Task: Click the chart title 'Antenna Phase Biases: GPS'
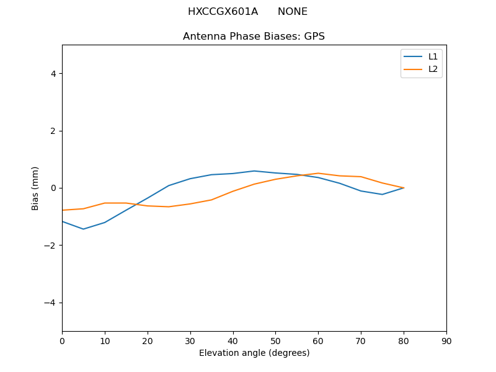pyautogui.click(x=254, y=37)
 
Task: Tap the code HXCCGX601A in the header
pyautogui.click(x=223, y=12)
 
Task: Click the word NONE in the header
pyautogui.click(x=293, y=12)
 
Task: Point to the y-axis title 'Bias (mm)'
pyautogui.click(x=35, y=188)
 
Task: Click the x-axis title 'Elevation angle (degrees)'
pyautogui.click(x=254, y=353)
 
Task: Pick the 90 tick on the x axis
pyautogui.click(x=446, y=340)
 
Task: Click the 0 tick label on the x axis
pyautogui.click(x=62, y=340)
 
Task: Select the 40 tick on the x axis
pyautogui.click(x=233, y=340)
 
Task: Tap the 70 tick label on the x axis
pyautogui.click(x=361, y=340)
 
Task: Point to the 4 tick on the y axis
pyautogui.click(x=53, y=73)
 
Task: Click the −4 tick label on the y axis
pyautogui.click(x=50, y=303)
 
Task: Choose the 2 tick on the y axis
pyautogui.click(x=53, y=131)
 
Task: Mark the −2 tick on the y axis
pyautogui.click(x=50, y=246)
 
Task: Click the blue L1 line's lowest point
pyautogui.click(x=83, y=229)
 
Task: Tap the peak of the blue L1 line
pyautogui.click(x=254, y=170)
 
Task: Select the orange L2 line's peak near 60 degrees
pyautogui.click(x=318, y=173)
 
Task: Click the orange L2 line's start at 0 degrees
pyautogui.click(x=63, y=210)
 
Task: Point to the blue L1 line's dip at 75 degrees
pyautogui.click(x=382, y=194)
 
